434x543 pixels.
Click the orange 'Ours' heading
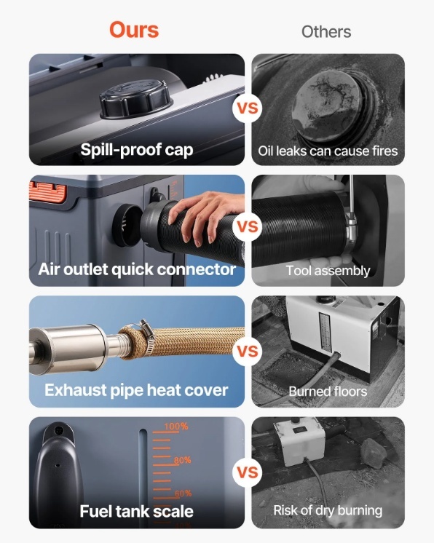click(x=134, y=30)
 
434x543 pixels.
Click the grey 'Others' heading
click(x=326, y=32)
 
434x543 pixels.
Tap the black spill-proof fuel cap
click(x=136, y=100)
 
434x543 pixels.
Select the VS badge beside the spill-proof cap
click(x=248, y=108)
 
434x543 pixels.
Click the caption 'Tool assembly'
click(x=328, y=271)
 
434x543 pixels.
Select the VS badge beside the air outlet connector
click(x=248, y=227)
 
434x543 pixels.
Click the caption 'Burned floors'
click(x=328, y=392)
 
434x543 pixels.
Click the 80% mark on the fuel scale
click(x=182, y=460)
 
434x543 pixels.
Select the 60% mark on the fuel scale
click(x=184, y=494)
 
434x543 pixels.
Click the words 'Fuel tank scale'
click(x=136, y=512)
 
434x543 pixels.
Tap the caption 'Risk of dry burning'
click(x=328, y=510)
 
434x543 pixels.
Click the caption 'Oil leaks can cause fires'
click(x=328, y=151)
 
